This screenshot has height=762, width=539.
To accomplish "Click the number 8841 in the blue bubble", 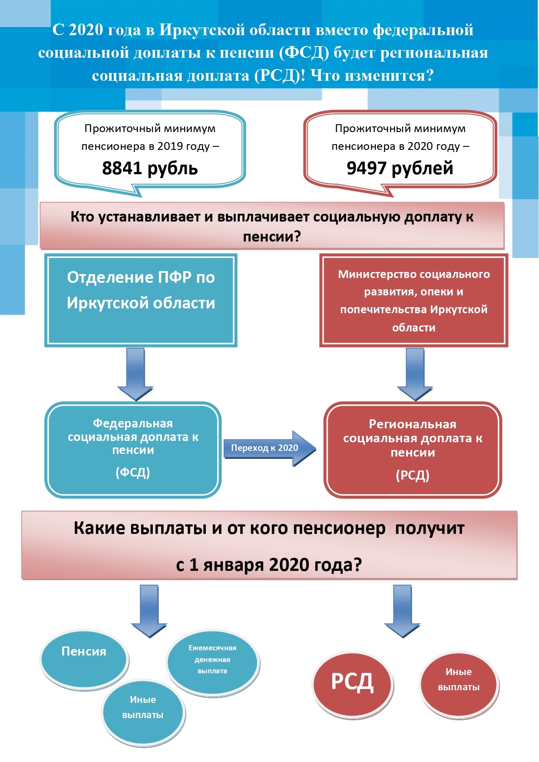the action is [122, 168].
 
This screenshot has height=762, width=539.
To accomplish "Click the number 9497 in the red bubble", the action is [367, 168].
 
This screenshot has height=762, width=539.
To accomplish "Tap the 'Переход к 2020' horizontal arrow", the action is [270, 449].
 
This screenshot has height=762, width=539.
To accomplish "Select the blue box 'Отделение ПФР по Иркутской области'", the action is [141, 300].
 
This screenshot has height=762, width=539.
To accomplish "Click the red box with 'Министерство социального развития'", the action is [413, 300].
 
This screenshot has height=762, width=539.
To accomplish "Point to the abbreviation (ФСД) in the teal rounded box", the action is [133, 473].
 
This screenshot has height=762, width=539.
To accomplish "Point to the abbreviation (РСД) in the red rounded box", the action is [413, 475].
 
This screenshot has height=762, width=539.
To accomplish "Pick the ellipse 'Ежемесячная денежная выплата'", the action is [212, 662].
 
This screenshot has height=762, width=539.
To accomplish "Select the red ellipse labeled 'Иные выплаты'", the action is [459, 684].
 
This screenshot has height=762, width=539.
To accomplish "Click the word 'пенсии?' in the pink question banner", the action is [272, 237].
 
